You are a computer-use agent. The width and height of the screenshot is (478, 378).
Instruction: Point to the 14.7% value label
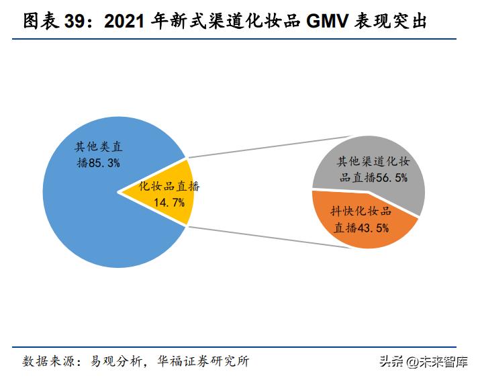(169, 202)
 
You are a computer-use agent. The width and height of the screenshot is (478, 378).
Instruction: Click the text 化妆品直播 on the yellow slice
(169, 187)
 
